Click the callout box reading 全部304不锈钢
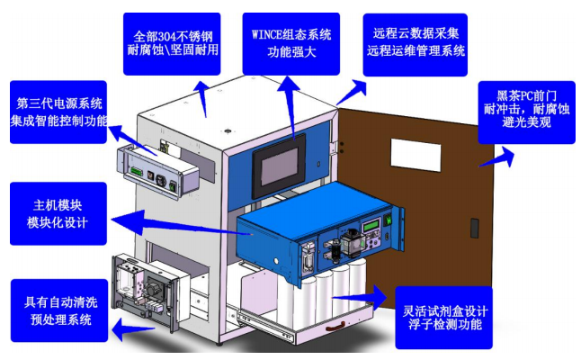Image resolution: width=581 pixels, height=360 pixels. (172, 44)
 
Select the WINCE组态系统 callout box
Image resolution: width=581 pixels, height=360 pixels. (290, 44)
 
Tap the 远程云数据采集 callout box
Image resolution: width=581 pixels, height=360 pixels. (415, 44)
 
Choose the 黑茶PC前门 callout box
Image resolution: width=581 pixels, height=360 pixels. (526, 112)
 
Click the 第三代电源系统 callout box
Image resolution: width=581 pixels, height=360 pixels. (58, 112)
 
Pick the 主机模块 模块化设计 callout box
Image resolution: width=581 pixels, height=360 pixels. (58, 213)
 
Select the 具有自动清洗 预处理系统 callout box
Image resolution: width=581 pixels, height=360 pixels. (59, 310)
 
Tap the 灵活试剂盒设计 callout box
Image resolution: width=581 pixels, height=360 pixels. (444, 318)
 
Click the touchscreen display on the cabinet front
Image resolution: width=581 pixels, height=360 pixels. (279, 166)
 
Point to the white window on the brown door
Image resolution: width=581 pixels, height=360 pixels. (416, 155)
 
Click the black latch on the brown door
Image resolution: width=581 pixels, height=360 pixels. (474, 228)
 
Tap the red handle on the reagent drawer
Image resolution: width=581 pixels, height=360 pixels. (335, 327)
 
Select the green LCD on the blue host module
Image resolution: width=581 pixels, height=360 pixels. (371, 225)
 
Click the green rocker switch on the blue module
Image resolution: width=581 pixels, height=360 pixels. (388, 219)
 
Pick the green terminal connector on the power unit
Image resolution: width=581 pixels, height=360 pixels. (136, 172)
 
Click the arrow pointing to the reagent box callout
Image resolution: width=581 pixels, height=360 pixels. (360, 297)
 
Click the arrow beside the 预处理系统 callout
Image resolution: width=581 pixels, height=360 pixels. (133, 328)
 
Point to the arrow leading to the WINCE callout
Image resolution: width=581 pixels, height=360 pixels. (290, 107)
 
